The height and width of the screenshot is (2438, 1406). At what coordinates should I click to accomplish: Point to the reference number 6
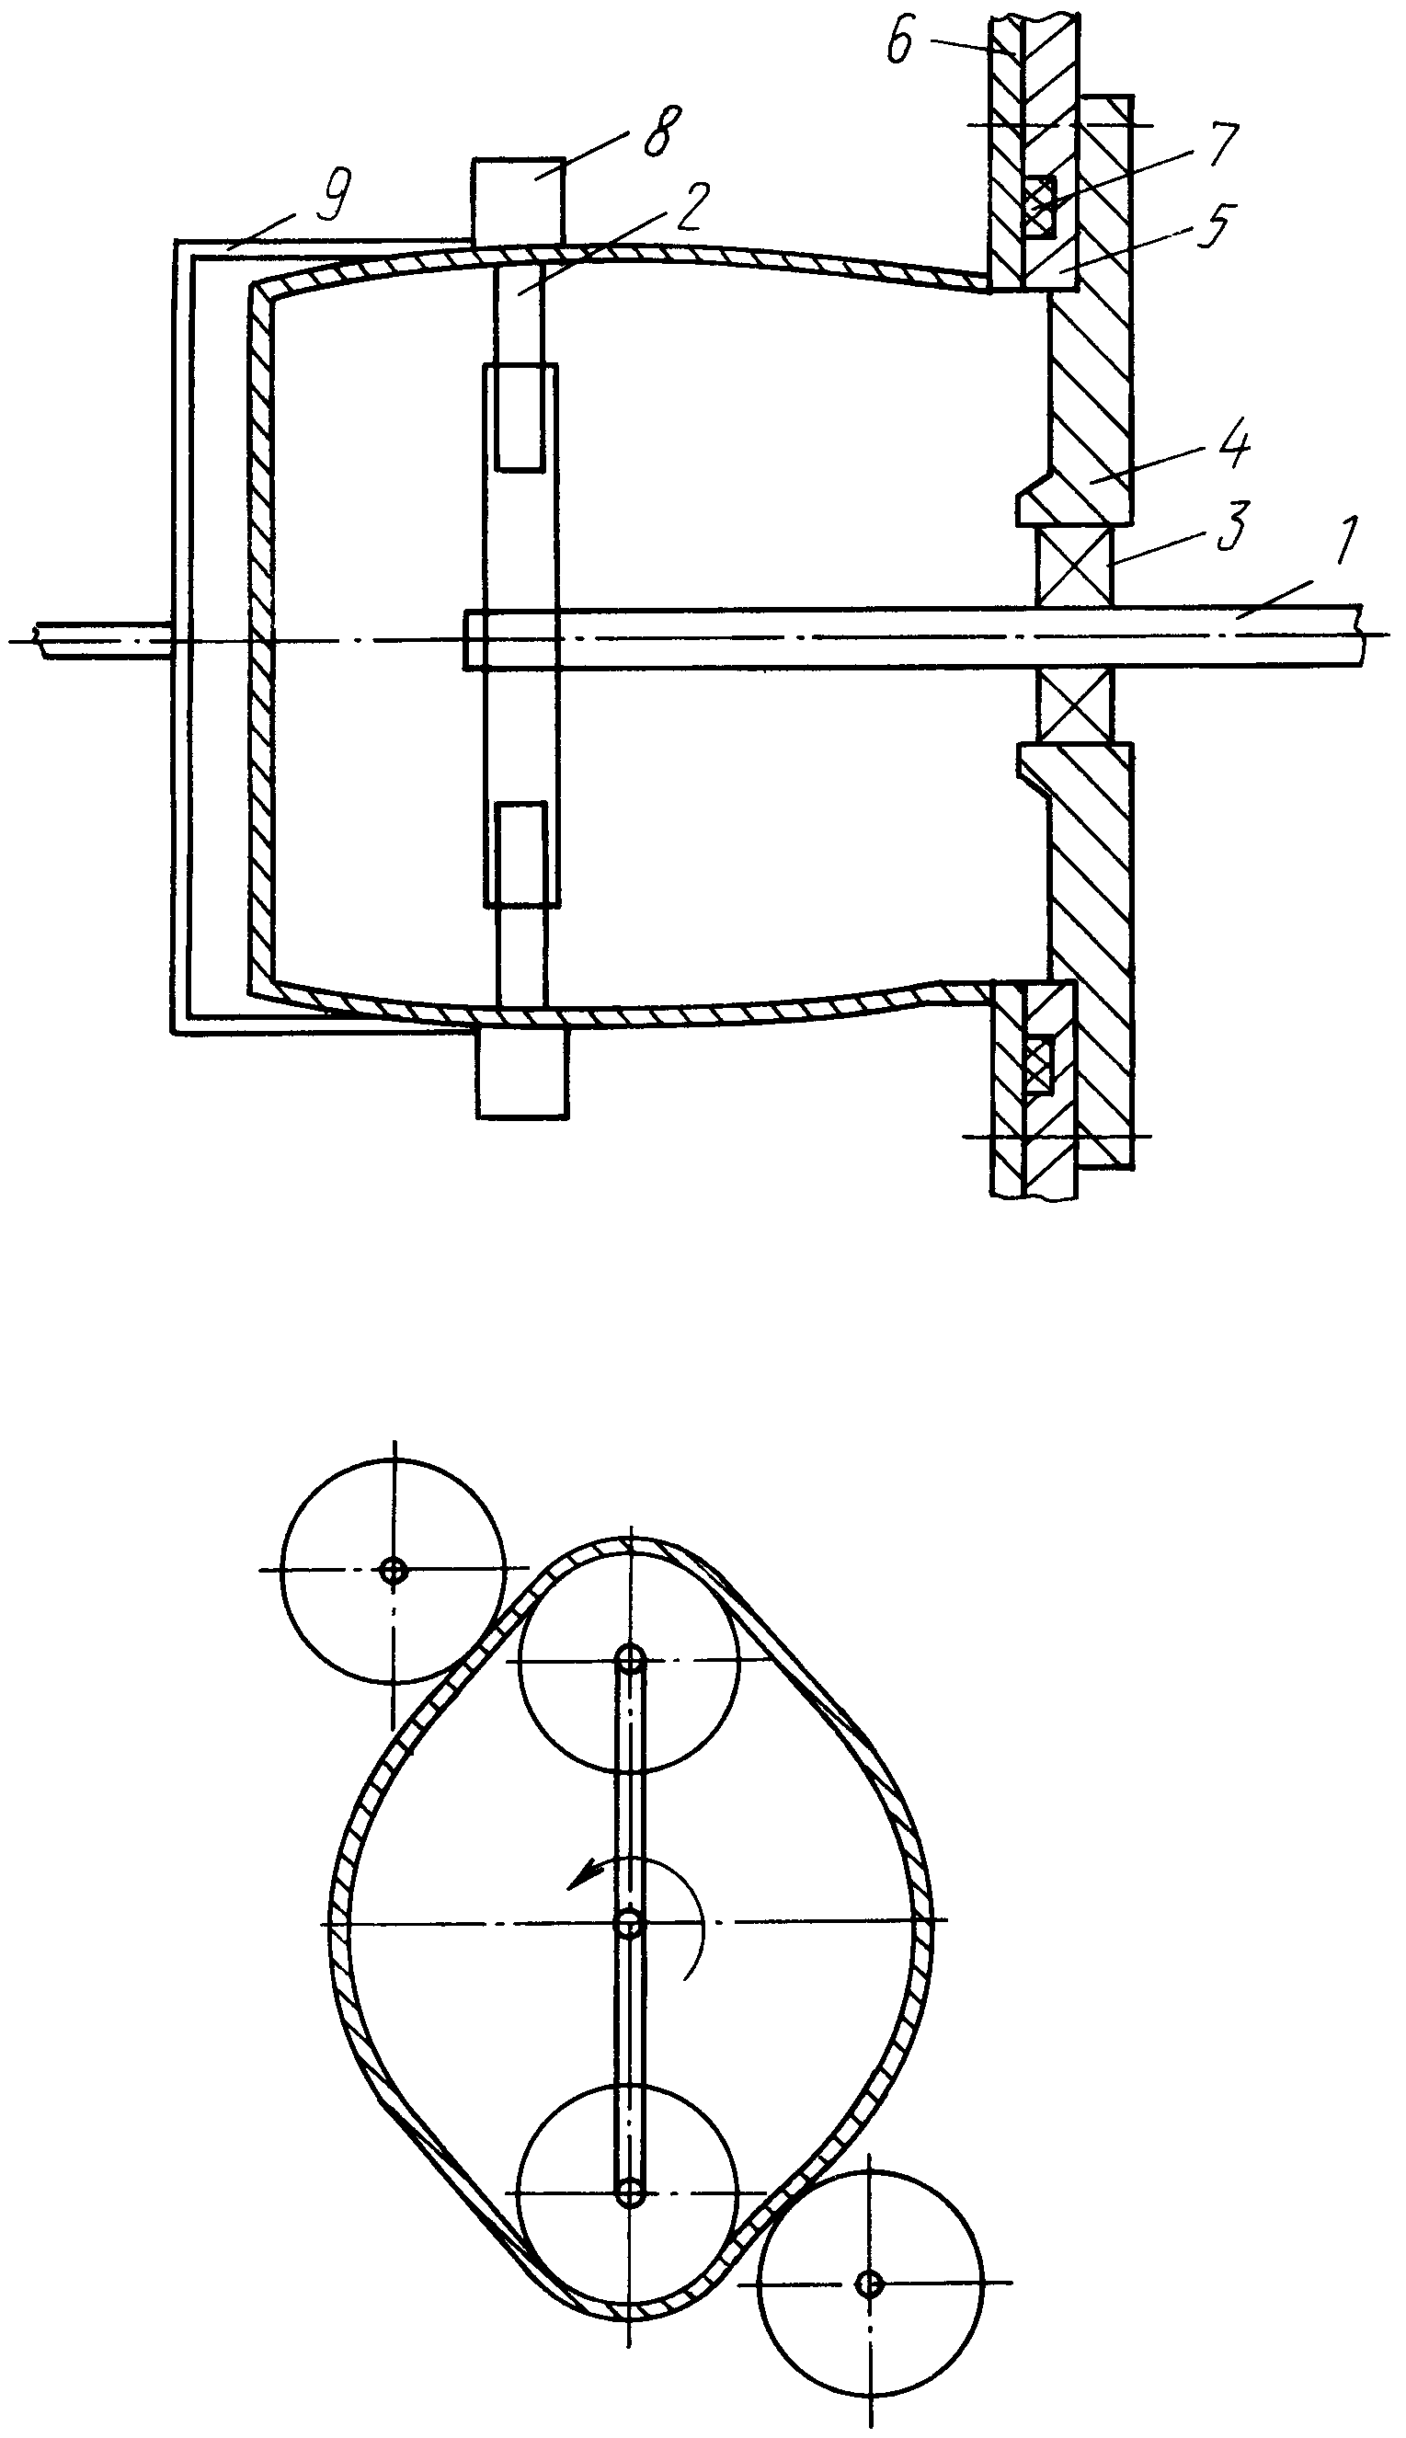(899, 43)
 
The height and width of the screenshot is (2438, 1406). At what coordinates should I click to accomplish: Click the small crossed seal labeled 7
(1041, 206)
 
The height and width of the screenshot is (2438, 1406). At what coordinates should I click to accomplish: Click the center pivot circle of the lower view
(631, 1917)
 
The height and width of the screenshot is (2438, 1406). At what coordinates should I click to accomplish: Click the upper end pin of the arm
(631, 1660)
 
